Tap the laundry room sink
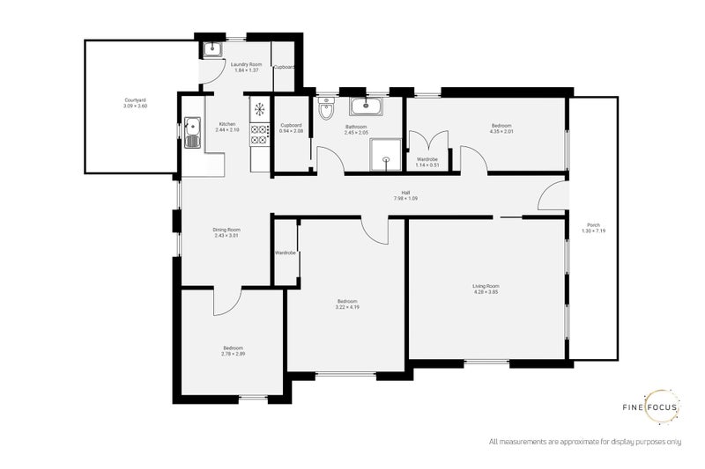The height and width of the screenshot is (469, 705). [211, 48]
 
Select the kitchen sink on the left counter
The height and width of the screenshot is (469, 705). [193, 134]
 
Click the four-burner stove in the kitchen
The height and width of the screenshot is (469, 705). [260, 134]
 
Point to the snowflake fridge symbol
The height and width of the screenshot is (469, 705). [260, 109]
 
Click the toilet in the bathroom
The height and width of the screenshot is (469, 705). [326, 110]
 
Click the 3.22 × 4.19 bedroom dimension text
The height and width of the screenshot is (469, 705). [346, 306]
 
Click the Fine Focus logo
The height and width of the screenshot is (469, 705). [662, 407]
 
